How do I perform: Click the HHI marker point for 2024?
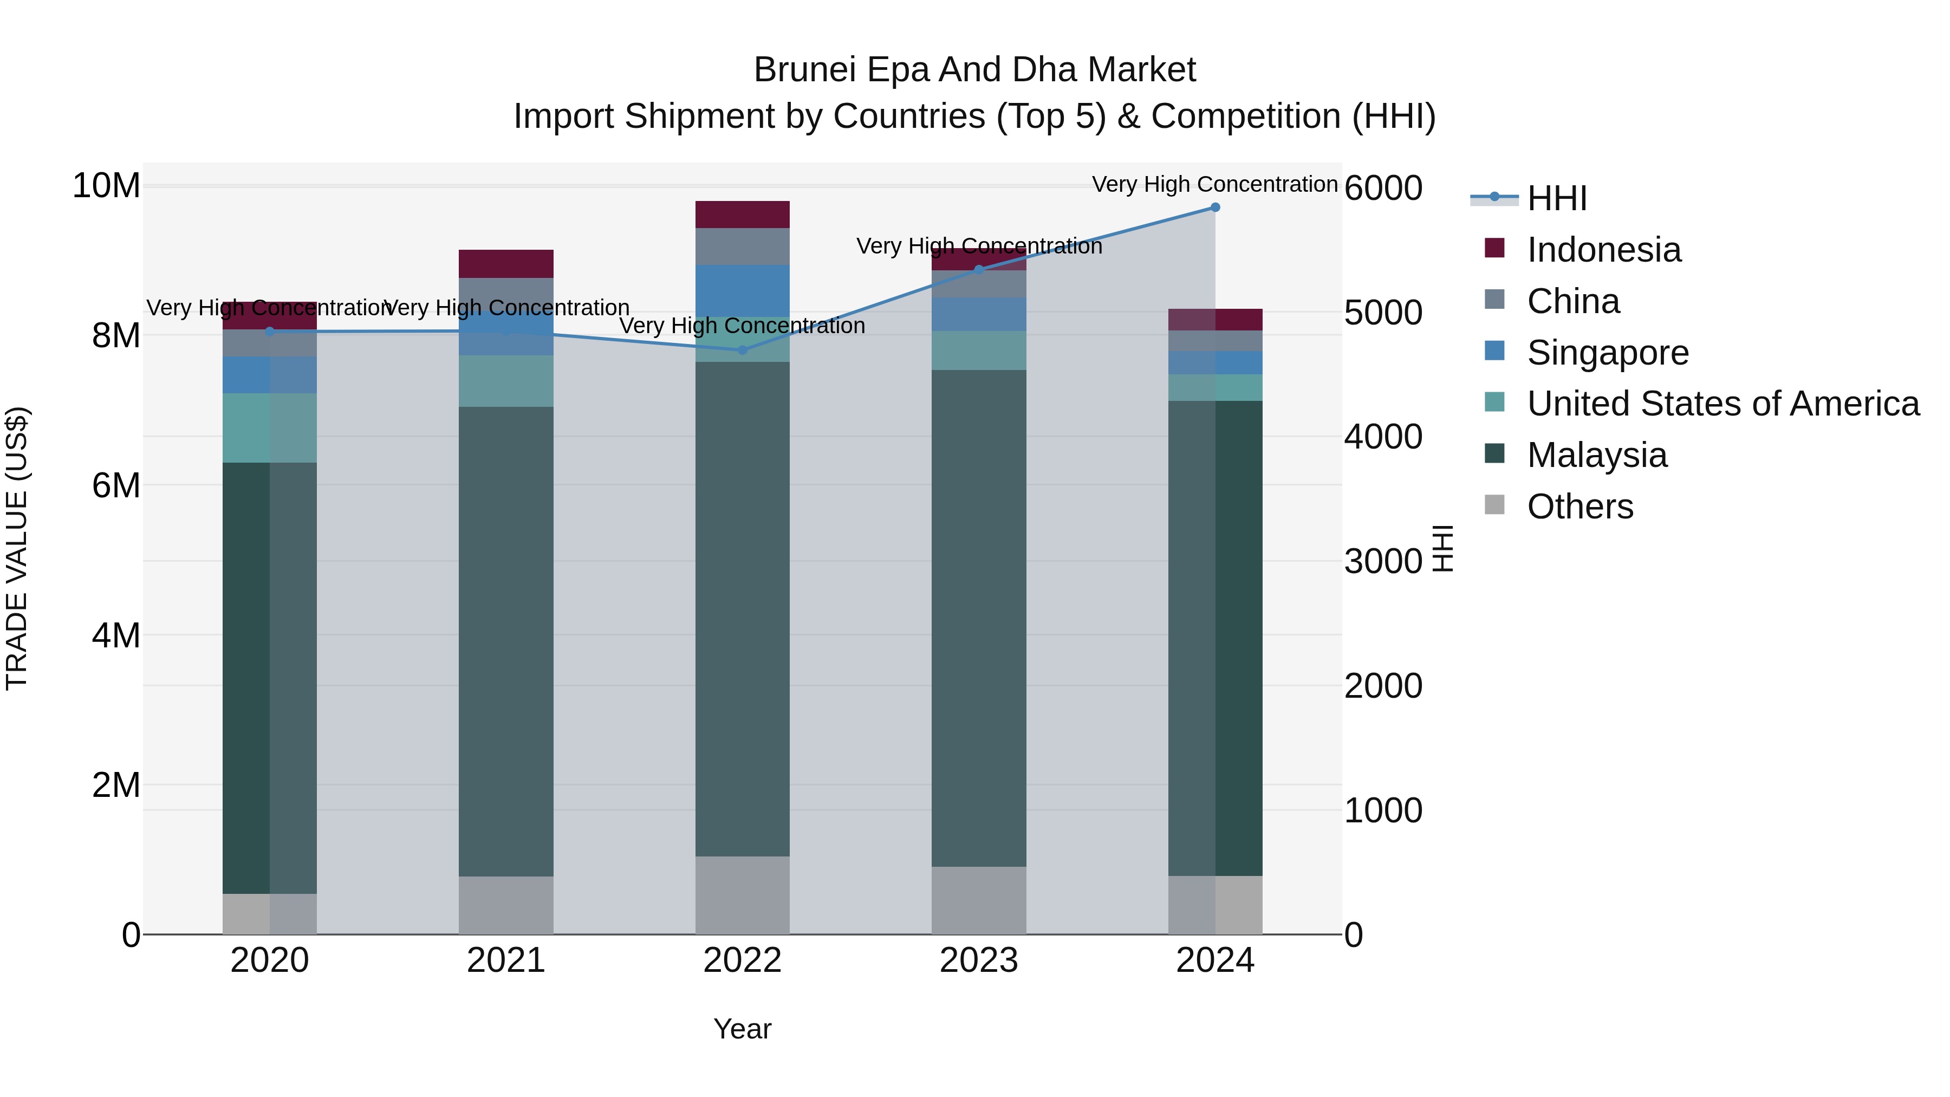[1215, 207]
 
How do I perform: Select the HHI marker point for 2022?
[743, 350]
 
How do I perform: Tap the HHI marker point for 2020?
[270, 332]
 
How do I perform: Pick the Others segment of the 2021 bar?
[506, 905]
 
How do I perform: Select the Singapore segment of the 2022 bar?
[743, 291]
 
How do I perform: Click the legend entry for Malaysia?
[1597, 456]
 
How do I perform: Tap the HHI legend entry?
[1557, 198]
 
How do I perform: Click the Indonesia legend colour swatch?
[1495, 248]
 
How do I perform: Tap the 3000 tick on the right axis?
[1383, 562]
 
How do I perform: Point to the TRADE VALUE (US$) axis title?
[17, 548]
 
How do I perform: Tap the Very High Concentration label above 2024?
[1214, 185]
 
